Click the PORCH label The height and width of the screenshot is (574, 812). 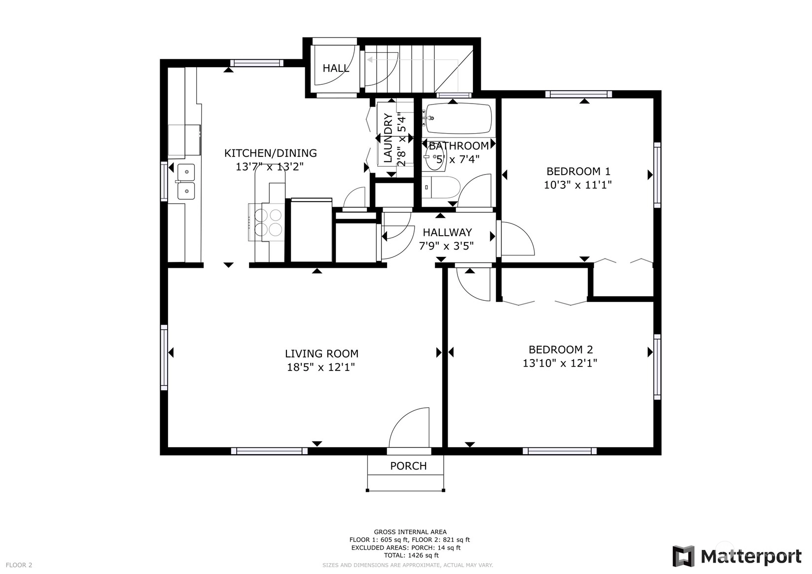[408, 466]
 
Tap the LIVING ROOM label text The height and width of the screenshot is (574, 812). [321, 354]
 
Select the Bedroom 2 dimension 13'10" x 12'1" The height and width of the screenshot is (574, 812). [560, 363]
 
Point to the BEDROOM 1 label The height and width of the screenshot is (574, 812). [578, 171]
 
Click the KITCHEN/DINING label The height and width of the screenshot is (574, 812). [271, 153]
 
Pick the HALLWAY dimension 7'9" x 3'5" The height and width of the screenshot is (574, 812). [446, 246]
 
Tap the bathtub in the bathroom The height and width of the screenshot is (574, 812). [459, 118]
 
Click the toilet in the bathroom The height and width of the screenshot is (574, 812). [441, 187]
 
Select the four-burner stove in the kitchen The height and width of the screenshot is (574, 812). [266, 222]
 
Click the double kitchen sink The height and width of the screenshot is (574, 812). [186, 181]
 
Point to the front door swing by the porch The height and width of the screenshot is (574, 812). [409, 428]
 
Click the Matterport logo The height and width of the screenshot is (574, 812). [738, 556]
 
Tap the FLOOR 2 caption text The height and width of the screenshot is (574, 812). [19, 565]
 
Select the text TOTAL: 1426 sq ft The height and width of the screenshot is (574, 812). [411, 555]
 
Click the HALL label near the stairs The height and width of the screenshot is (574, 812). [336, 68]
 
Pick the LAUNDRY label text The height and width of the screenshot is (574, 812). [388, 138]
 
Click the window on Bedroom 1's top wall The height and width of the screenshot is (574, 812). [579, 94]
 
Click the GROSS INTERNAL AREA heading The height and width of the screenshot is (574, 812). [410, 532]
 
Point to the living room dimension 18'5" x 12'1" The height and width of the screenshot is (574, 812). [321, 367]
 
